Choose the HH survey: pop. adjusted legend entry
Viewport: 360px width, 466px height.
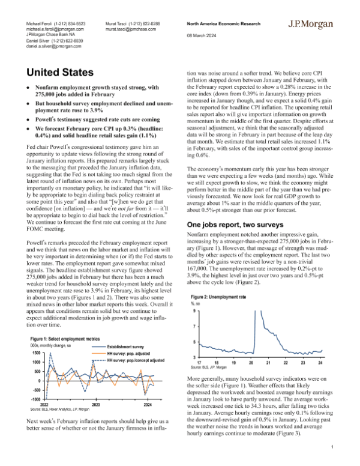pos(128,354)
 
